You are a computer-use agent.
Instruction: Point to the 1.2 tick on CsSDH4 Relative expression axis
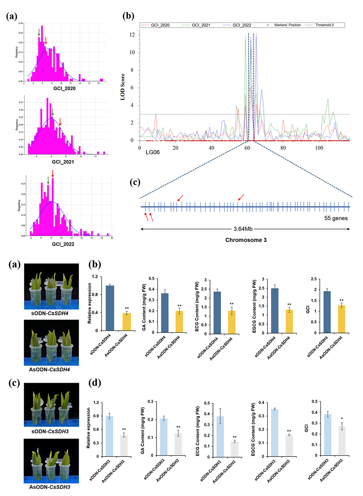[x=94, y=276]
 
